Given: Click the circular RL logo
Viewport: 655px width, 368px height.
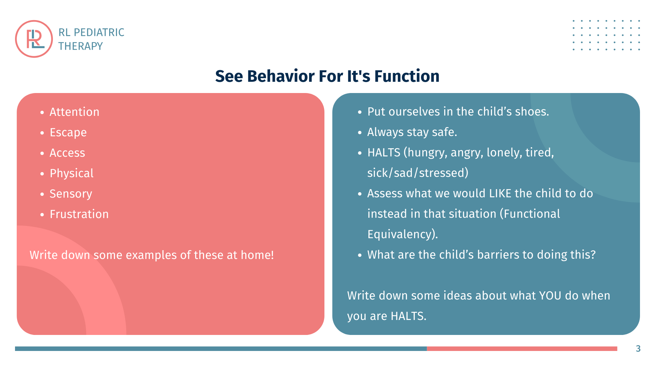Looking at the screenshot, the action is point(34,39).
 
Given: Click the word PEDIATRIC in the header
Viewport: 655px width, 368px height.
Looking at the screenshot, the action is point(99,32).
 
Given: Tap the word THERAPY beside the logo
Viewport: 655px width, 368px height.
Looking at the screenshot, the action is point(81,46).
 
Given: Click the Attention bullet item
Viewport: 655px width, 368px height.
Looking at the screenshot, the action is point(74,112).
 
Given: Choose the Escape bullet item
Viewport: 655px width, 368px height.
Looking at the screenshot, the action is point(68,133).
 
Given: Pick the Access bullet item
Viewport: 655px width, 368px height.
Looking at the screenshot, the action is point(67,153).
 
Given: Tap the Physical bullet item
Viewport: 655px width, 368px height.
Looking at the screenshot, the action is point(72,173).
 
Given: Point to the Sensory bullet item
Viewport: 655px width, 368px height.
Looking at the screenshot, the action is point(71,194).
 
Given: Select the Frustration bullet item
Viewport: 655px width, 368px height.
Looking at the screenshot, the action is point(79,214).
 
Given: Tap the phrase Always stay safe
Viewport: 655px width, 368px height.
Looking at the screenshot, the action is point(412,132).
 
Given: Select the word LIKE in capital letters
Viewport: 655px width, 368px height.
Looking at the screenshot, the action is point(500,194).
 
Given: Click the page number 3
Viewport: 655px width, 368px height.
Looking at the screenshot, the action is point(638,349).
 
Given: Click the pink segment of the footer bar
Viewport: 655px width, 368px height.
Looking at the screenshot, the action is point(522,349).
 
